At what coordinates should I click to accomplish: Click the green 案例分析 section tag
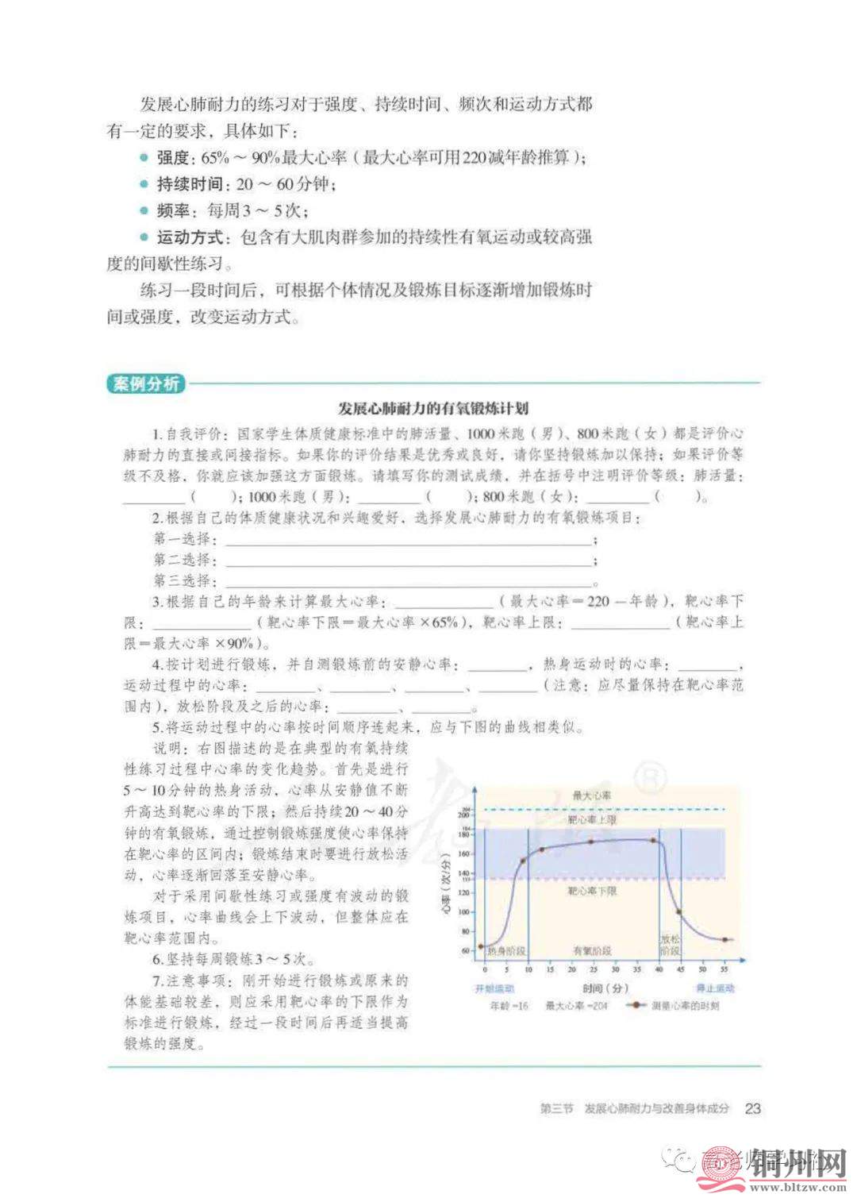click(145, 383)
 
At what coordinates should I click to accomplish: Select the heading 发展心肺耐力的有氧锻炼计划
click(432, 409)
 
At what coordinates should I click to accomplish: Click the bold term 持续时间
click(189, 184)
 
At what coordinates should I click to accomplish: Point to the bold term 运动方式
click(189, 237)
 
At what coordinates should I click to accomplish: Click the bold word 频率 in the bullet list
click(173, 210)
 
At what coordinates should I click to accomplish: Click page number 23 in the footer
click(752, 1107)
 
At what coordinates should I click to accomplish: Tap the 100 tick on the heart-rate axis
click(464, 911)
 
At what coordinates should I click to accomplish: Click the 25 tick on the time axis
click(594, 969)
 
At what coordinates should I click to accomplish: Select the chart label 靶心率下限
click(592, 892)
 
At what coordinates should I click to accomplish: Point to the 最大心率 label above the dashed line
click(592, 795)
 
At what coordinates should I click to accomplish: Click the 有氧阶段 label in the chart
click(592, 950)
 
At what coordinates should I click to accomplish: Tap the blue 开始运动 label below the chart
click(494, 988)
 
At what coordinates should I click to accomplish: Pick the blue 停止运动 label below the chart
click(714, 988)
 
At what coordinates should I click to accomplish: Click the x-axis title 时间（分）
click(605, 988)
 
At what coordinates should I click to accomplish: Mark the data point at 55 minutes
click(724, 940)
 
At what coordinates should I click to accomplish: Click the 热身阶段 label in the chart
click(506, 950)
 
